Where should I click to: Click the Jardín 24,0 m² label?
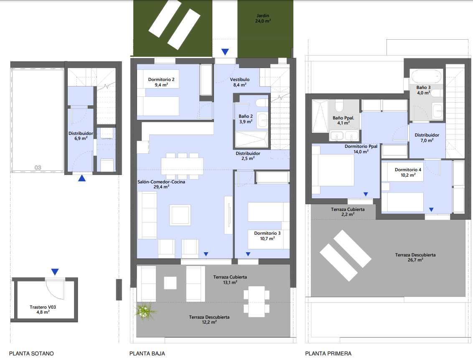(263, 18)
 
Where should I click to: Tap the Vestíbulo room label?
(239, 80)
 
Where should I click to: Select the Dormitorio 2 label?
(161, 80)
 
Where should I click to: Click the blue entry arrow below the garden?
(225, 52)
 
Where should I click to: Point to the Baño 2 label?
(246, 117)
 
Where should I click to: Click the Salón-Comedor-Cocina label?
(161, 182)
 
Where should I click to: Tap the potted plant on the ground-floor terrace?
(145, 311)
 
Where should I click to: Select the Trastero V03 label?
(43, 307)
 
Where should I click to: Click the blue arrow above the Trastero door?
(55, 271)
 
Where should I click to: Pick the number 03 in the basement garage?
(38, 167)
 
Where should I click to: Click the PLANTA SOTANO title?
(31, 353)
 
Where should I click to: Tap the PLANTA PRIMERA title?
(328, 353)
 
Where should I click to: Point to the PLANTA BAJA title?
(147, 353)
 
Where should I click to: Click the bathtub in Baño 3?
(426, 76)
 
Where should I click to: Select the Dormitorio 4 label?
(408, 170)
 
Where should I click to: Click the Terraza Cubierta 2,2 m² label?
(348, 212)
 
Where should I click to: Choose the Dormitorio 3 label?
(267, 233)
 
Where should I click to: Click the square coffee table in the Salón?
(180, 215)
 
